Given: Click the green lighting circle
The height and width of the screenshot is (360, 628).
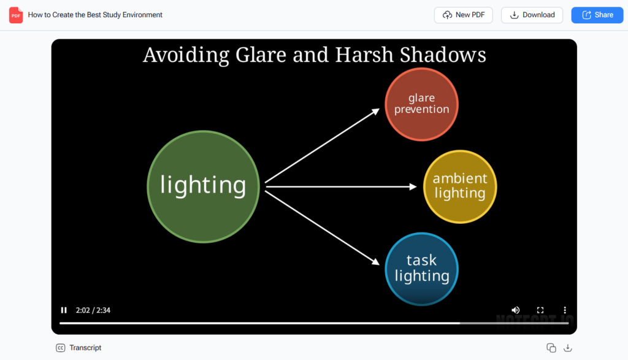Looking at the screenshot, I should tap(203, 186).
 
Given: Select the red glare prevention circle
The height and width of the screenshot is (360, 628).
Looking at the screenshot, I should tap(421, 104).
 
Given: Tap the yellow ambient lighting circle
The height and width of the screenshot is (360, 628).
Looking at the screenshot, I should tap(460, 186).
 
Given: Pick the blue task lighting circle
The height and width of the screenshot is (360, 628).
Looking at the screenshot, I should tap(421, 269).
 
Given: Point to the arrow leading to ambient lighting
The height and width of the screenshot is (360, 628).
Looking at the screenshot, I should tap(340, 186).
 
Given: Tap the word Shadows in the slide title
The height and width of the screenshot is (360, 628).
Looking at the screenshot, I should tap(442, 55).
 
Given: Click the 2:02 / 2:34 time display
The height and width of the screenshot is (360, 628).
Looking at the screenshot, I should tap(93, 310).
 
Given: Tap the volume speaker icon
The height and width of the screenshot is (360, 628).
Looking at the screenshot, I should tap(516, 310).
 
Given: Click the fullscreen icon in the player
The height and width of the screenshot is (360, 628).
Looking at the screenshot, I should tap(540, 310).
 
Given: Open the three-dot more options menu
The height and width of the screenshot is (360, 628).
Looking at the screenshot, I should tap(565, 310).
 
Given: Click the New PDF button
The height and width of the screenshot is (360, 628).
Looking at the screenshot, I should tap(463, 15).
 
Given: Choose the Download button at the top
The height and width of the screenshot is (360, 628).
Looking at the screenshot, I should tap(532, 15).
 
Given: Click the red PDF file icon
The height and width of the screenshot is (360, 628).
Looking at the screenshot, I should tap(16, 15).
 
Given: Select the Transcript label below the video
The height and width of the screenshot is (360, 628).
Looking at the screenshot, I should tap(85, 348).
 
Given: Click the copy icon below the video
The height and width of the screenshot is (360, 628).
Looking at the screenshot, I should tap(551, 348).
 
